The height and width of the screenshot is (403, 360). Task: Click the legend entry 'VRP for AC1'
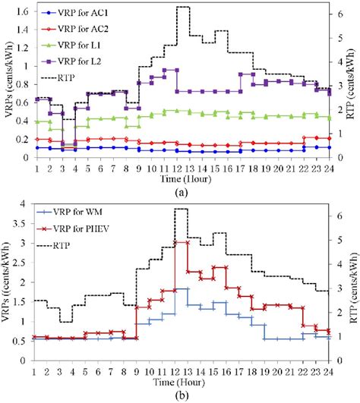click(x=76, y=13)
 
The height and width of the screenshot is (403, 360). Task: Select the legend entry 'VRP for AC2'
click(x=76, y=27)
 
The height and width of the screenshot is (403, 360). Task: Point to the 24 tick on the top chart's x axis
click(x=330, y=168)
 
